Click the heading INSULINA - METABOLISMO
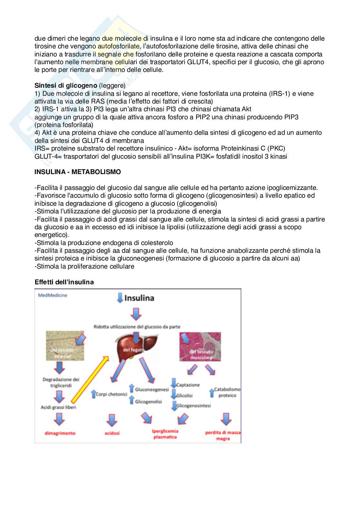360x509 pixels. [x=77, y=172]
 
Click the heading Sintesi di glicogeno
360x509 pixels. [x=66, y=85]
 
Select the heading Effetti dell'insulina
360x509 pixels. [x=64, y=282]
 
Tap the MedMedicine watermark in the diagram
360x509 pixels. [x=53, y=295]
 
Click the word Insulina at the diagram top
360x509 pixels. [x=139, y=298]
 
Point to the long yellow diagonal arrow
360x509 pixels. [x=89, y=379]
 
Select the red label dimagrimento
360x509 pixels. [x=60, y=433]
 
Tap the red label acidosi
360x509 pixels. [x=112, y=433]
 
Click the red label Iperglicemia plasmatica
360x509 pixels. [x=165, y=434]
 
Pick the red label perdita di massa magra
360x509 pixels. [x=223, y=435]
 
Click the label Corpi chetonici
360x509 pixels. [x=111, y=394]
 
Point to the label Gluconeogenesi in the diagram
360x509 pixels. [x=152, y=389]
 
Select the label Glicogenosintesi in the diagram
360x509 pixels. [x=194, y=406]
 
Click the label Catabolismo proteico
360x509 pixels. [x=227, y=392]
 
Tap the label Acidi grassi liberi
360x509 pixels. [x=58, y=407]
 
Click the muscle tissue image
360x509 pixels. [x=200, y=347]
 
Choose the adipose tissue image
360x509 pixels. [x=65, y=346]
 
